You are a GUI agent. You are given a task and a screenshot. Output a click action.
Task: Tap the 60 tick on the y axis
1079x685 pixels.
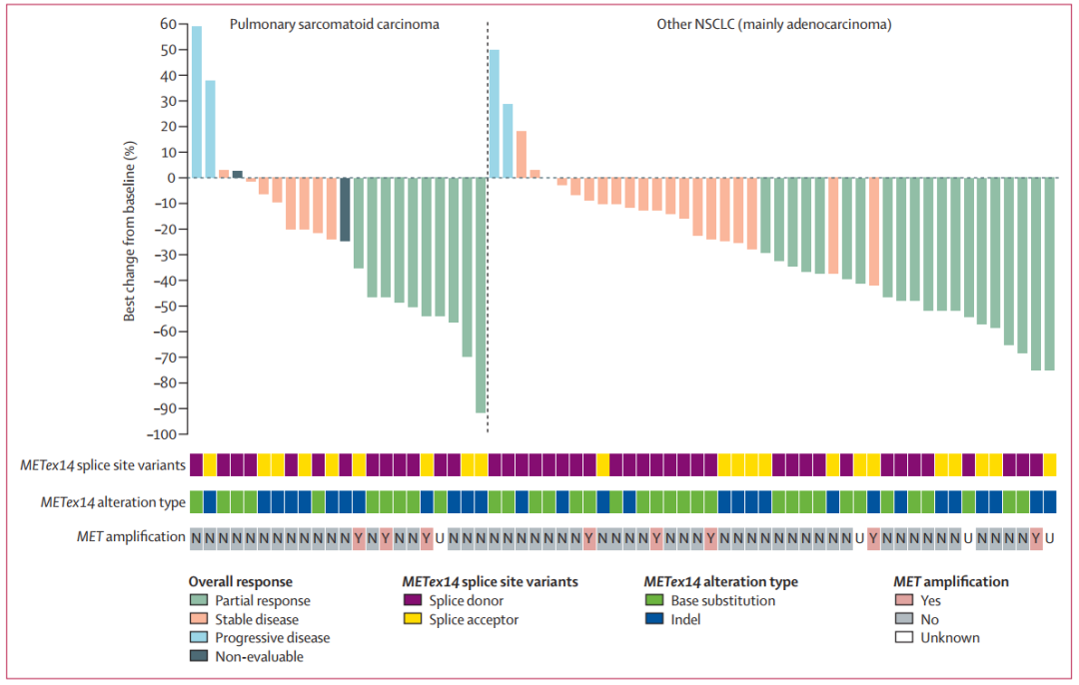click(169, 24)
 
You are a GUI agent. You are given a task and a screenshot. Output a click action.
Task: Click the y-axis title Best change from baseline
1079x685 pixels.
click(130, 230)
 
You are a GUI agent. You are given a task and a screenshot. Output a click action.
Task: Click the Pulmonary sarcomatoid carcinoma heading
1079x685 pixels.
click(334, 24)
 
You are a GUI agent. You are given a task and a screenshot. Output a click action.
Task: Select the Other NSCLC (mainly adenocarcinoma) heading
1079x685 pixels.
click(767, 24)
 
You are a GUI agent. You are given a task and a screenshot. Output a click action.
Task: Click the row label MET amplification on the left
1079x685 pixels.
click(130, 537)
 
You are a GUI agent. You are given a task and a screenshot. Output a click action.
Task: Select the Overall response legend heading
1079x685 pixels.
click(240, 581)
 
